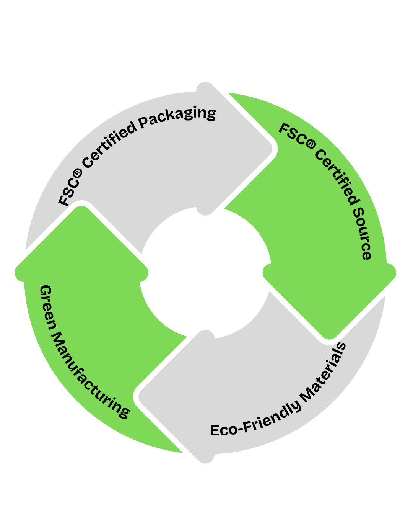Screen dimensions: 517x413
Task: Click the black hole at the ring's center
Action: click(206, 273)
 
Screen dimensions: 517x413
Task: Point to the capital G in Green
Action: click(46, 290)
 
